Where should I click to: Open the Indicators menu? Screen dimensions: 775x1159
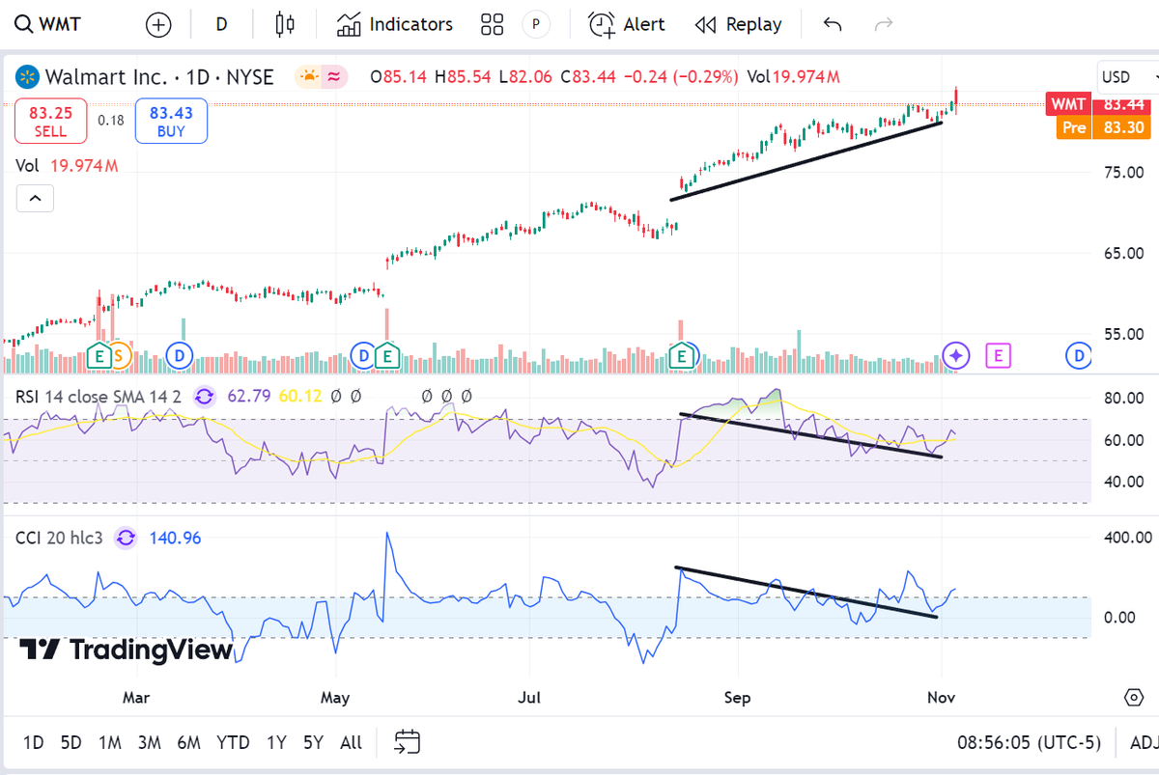pyautogui.click(x=395, y=24)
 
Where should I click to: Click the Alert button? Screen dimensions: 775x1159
pyautogui.click(x=627, y=24)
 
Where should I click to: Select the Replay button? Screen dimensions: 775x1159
pyautogui.click(x=739, y=24)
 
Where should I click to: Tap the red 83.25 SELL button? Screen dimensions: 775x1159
pyautogui.click(x=50, y=122)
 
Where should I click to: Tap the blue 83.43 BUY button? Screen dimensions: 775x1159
pyautogui.click(x=171, y=122)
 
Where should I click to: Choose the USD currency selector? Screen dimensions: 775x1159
pyautogui.click(x=1125, y=77)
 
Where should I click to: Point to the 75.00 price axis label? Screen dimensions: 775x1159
pyautogui.click(x=1122, y=173)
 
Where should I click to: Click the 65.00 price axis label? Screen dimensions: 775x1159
pyautogui.click(x=1122, y=254)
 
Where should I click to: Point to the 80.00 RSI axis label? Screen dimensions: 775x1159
pyautogui.click(x=1123, y=398)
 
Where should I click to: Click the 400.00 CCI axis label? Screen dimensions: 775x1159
pyautogui.click(x=1127, y=537)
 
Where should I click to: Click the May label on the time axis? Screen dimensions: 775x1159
pyautogui.click(x=335, y=697)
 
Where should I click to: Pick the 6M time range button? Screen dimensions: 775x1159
pyautogui.click(x=188, y=742)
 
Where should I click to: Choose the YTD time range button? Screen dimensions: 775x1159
pyautogui.click(x=233, y=742)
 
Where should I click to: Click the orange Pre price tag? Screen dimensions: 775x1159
pyautogui.click(x=1074, y=127)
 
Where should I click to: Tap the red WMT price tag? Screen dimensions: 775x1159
pyautogui.click(x=1068, y=104)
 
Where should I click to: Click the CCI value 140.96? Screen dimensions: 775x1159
pyautogui.click(x=175, y=538)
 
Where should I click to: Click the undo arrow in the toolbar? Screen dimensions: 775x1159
pyautogui.click(x=833, y=24)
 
